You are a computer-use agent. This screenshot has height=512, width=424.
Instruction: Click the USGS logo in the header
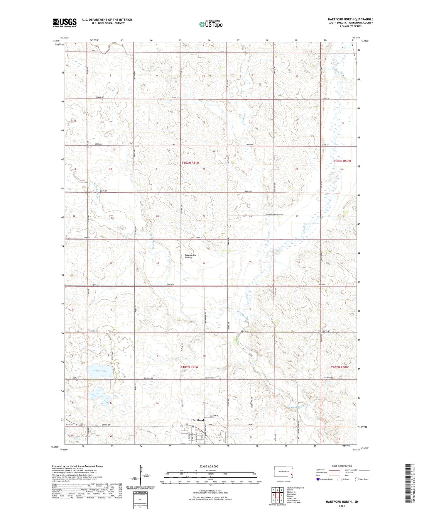tap(65, 22)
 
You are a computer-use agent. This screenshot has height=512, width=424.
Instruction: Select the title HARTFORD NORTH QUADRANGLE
tap(350, 19)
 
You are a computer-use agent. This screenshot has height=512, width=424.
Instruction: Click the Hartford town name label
tap(197, 420)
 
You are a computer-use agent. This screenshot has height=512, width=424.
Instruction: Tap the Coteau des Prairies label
tap(190, 256)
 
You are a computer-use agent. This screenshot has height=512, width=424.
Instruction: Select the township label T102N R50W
tap(339, 367)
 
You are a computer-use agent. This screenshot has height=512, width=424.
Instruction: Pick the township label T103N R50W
tap(342, 161)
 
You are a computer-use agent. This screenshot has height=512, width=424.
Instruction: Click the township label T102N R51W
tap(190, 367)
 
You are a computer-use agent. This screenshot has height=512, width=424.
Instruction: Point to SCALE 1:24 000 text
tap(209, 466)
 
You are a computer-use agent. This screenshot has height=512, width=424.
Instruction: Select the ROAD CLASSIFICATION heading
tap(342, 466)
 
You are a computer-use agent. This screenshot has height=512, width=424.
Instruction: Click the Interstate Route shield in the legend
tap(318, 479)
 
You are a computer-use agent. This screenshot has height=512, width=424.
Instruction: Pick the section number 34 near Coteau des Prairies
tap(204, 263)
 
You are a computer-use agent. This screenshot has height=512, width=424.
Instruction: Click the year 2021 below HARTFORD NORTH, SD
tap(342, 506)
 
